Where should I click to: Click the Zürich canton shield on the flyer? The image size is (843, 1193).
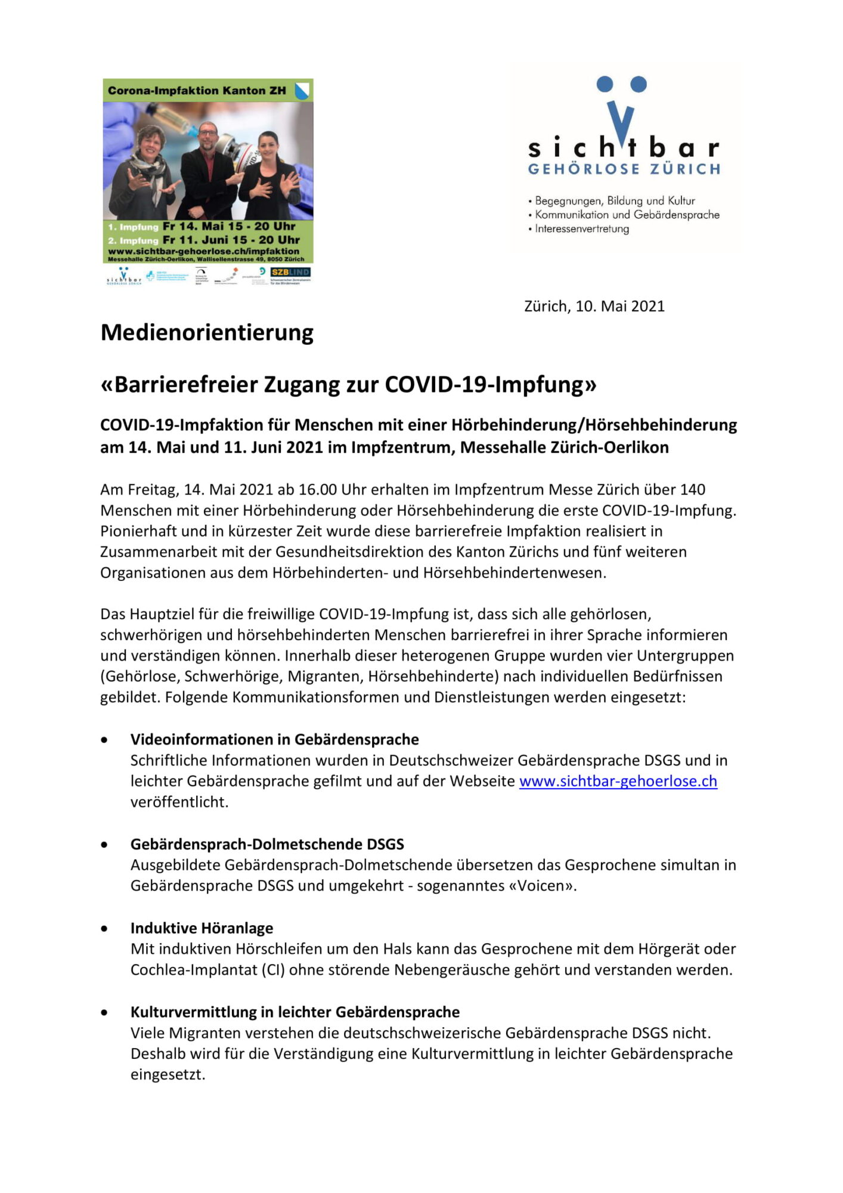click(302, 91)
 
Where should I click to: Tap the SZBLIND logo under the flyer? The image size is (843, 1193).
click(290, 272)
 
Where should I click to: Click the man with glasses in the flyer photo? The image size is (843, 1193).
click(207, 167)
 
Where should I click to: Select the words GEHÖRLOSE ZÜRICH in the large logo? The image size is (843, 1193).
click(624, 169)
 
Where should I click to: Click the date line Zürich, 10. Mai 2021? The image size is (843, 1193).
click(594, 306)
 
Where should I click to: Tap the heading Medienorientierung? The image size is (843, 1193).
click(207, 332)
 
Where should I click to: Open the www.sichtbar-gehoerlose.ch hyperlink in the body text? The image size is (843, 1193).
click(618, 781)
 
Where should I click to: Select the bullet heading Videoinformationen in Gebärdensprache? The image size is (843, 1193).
click(274, 740)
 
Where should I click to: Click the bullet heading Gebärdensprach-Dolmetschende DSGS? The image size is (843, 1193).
click(267, 844)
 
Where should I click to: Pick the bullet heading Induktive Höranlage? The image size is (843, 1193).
click(202, 928)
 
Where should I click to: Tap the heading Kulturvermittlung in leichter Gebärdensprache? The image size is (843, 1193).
click(295, 1012)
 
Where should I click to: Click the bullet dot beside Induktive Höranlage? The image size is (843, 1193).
click(105, 929)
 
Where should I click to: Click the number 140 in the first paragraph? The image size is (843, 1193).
click(692, 490)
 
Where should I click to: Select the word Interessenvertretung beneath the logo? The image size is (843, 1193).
click(582, 229)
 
